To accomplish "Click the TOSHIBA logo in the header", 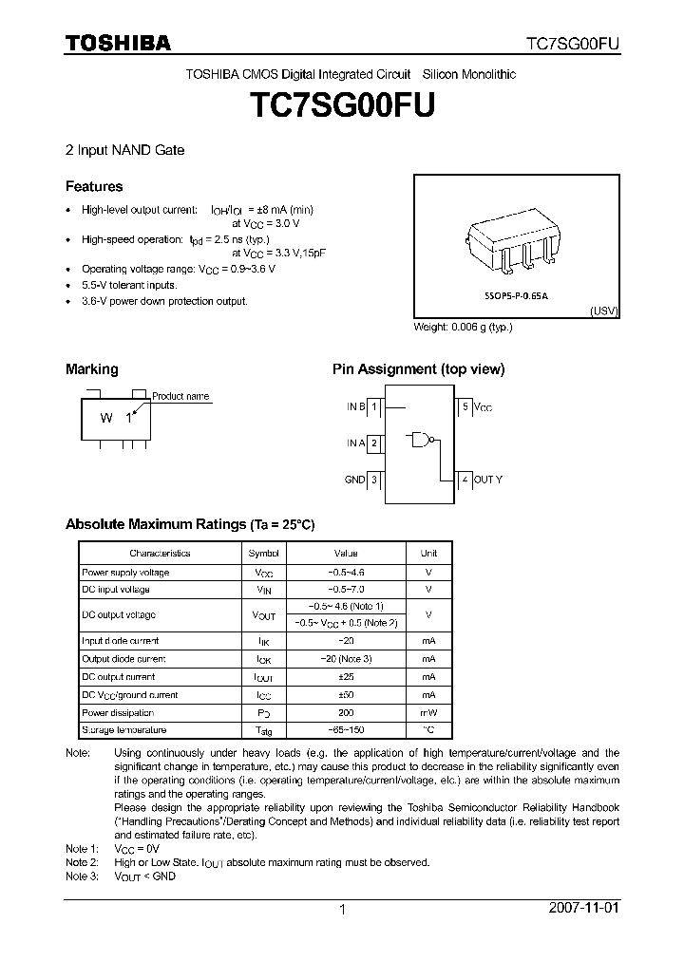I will [118, 43].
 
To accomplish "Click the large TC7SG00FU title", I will [342, 105].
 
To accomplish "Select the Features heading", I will [94, 187].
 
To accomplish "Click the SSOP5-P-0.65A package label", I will [517, 296].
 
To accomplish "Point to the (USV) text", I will [604, 311].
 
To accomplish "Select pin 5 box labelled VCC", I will [465, 406].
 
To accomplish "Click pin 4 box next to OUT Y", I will [465, 480].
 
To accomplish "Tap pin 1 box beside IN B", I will [374, 406].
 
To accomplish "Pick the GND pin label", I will [354, 480].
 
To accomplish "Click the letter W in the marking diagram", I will [107, 418].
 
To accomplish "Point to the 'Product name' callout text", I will [180, 396].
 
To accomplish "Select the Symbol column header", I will [263, 553].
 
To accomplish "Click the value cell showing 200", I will [345, 712].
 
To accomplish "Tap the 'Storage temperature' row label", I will [124, 730].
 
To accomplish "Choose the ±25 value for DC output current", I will [345, 677].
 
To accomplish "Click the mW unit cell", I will [428, 712].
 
